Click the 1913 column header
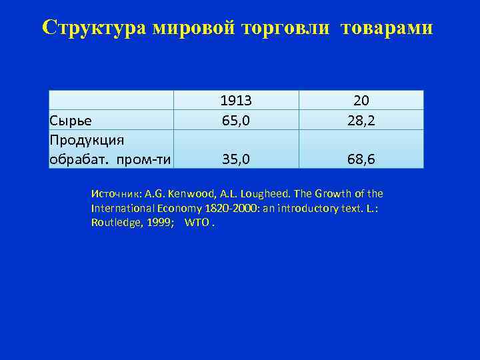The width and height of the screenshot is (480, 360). click(236, 100)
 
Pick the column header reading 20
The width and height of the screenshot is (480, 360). click(361, 100)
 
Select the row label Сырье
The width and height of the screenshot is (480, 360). click(71, 120)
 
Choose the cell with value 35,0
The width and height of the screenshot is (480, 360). click(236, 159)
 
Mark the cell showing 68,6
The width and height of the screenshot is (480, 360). click(361, 159)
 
